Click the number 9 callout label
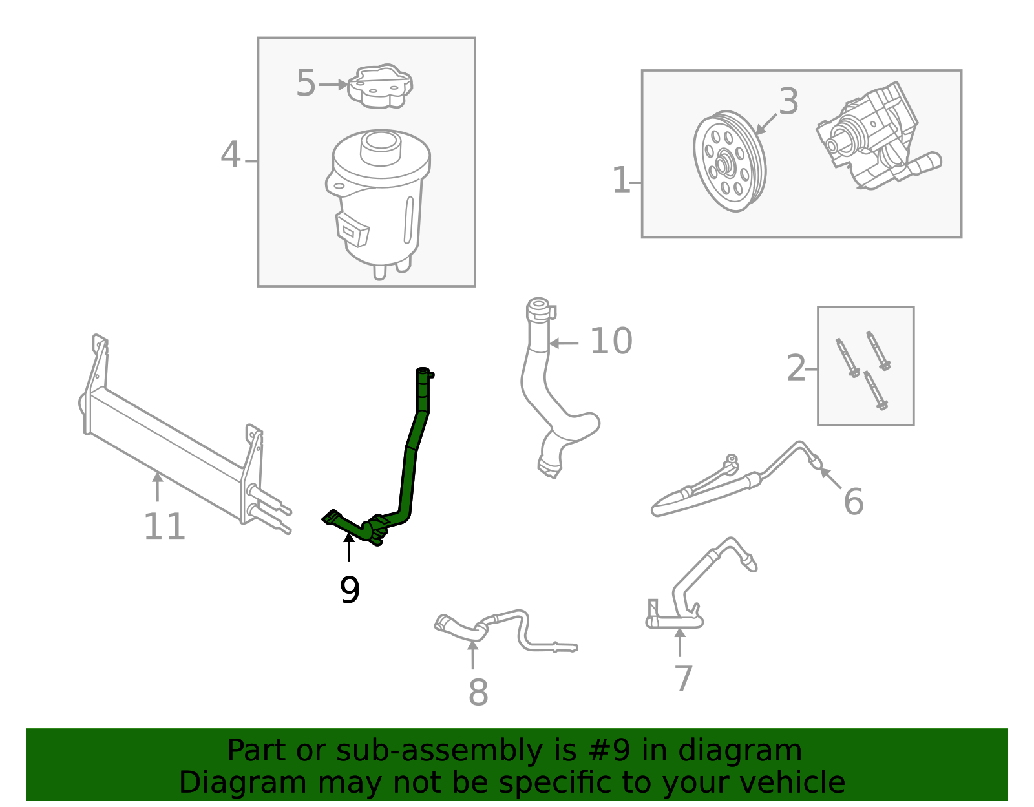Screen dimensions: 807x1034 click(350, 590)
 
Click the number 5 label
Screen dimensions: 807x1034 click(306, 84)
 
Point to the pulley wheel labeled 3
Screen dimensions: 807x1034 click(730, 162)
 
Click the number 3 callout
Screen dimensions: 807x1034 click(788, 102)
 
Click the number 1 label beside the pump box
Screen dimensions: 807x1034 click(620, 180)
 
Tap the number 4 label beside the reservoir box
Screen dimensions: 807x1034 click(231, 155)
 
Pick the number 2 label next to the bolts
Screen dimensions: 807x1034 click(796, 368)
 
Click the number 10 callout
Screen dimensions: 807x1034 click(611, 341)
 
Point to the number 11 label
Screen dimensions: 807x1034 click(164, 527)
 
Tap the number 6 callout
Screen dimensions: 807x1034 click(854, 502)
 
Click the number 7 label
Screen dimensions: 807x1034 click(683, 678)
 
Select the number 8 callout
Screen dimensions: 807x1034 click(478, 693)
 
